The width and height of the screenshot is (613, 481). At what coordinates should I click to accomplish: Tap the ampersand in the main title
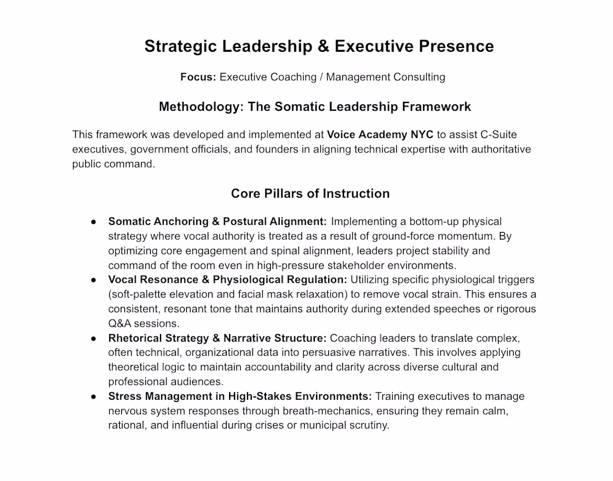pos(323,46)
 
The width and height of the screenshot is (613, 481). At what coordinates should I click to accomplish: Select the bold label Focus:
pos(198,77)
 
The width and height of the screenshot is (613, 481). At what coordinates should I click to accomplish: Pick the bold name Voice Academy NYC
pos(380,135)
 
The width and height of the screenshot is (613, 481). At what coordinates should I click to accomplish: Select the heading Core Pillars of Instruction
pos(310,193)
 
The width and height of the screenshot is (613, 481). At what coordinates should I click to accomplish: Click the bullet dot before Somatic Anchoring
pos(94,222)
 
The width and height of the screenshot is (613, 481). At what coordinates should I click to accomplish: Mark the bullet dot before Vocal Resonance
pos(94,279)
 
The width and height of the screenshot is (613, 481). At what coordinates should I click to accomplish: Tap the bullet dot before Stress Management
pos(94,396)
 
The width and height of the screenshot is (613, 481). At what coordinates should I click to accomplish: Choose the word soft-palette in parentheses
pos(140,294)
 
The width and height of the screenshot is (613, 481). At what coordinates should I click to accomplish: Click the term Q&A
pos(121,323)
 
